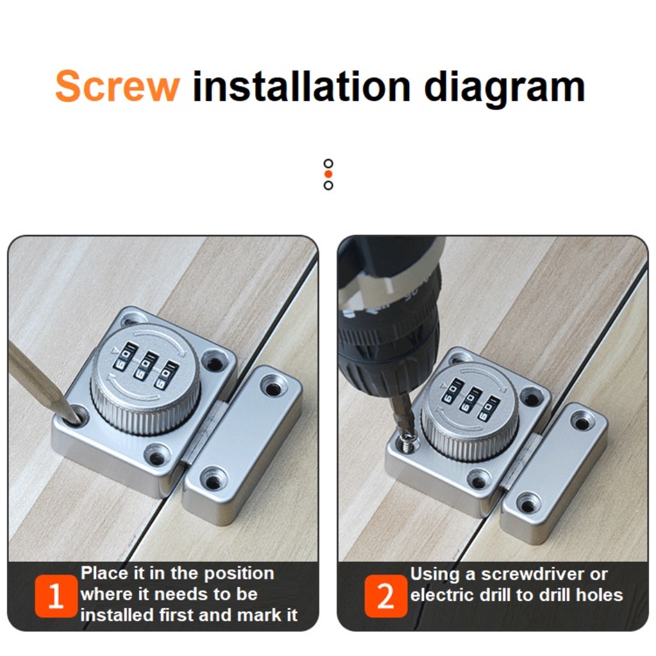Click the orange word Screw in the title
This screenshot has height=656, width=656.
click(117, 86)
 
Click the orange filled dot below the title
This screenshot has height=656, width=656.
click(329, 174)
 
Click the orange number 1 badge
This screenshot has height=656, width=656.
click(56, 596)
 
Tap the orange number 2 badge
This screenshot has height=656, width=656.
click(385, 596)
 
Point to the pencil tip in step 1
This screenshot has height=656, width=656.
click(77, 419)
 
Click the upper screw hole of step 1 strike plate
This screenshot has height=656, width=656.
click(272, 386)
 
